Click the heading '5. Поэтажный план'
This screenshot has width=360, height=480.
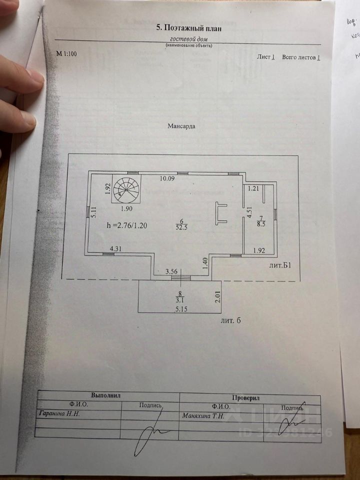189,28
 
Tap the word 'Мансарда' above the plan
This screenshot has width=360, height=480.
181,126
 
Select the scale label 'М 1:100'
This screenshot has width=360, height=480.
66,53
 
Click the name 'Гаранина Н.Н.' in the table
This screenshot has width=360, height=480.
59,414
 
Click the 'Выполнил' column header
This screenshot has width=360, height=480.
106,395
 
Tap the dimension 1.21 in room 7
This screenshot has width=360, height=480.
253,188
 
